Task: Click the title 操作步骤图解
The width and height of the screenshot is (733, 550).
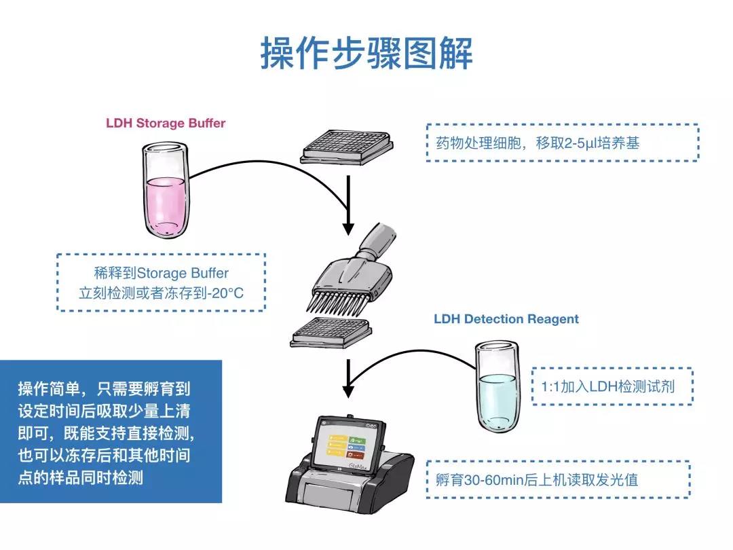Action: [366, 54]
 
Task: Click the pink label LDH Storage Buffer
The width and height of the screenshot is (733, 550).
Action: [166, 123]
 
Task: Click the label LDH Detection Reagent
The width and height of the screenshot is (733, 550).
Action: [506, 318]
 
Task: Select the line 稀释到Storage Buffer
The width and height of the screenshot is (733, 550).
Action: [162, 273]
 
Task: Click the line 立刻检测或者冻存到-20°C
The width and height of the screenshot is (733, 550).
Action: [162, 294]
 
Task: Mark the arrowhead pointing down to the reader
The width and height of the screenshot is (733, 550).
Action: [348, 391]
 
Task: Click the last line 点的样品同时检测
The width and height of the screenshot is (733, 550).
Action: [81, 477]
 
